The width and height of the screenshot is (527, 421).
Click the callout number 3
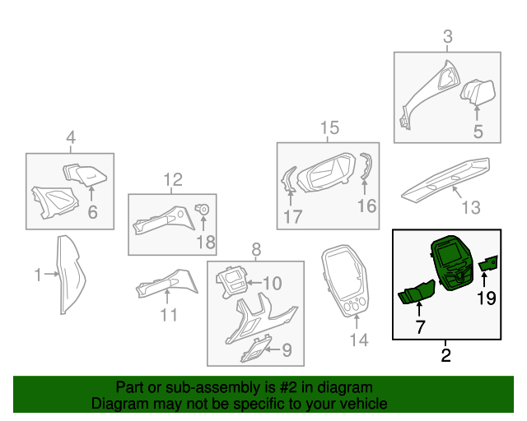pos(447,36)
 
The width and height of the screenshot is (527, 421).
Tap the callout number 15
pos(329,128)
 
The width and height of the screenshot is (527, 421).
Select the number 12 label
pos(173,179)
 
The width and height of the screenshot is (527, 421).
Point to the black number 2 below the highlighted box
pos(445,355)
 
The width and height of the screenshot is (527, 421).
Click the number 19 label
pos(487,298)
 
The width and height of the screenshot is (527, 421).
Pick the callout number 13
pos(471,207)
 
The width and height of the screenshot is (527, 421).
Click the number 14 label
pos(359,340)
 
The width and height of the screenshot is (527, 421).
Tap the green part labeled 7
pos(417,292)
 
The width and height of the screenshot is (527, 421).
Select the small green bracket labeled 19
pos(488,262)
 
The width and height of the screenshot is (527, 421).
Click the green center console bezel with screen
pos(452,264)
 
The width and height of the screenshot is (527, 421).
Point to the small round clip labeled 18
pos(203,209)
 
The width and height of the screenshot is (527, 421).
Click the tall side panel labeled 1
pos(71,275)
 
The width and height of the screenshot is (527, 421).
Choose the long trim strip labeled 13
pos(445,181)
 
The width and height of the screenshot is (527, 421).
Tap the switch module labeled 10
pos(231,281)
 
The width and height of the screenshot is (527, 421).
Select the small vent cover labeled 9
pos(255,349)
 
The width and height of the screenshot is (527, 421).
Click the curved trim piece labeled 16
pos(367,166)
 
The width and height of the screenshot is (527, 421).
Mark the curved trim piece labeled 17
pos(288,179)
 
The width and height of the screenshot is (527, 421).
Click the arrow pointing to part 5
pos(477,113)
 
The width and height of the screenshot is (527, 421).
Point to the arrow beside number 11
pos(167,297)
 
